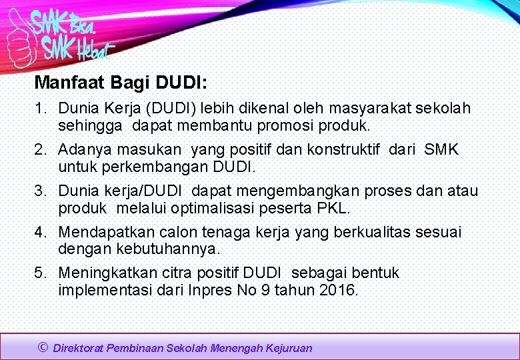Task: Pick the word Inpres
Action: pyautogui.click(x=211, y=290)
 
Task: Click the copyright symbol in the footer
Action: pyautogui.click(x=43, y=347)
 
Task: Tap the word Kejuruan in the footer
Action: pyautogui.click(x=288, y=348)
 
